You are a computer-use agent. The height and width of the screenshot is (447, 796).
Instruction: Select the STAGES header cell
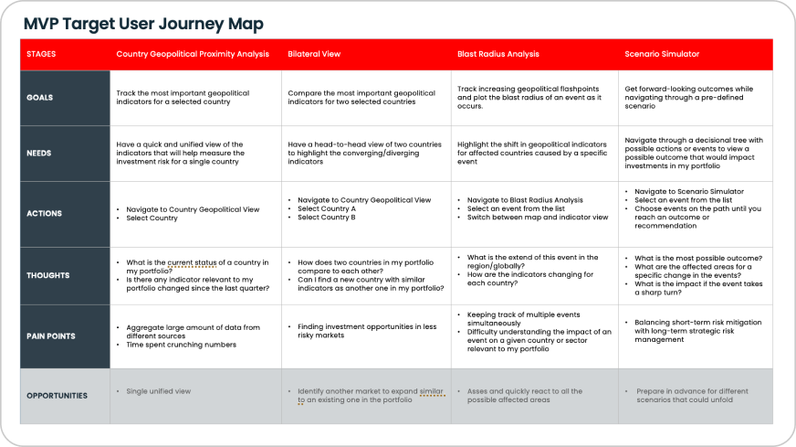tap(41, 54)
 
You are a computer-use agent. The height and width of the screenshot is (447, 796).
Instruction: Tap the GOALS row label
tap(39, 98)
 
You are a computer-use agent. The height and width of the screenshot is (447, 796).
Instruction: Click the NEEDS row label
tap(39, 153)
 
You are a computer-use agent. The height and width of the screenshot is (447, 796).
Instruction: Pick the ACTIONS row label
tap(44, 213)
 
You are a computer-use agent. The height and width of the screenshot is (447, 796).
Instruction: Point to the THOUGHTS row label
tap(47, 274)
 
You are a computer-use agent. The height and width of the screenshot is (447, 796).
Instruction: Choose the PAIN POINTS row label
tap(50, 335)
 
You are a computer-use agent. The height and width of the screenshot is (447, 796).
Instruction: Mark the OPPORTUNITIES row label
tap(58, 395)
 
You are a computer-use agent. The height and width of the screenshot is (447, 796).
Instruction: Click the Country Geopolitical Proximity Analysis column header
tap(193, 54)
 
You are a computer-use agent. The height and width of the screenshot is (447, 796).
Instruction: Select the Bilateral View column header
tap(314, 54)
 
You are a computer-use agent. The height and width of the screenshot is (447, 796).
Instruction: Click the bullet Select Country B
tap(327, 218)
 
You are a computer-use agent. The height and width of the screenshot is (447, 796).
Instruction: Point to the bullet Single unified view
tap(160, 390)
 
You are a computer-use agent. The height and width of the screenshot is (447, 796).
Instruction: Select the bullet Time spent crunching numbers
tap(182, 344)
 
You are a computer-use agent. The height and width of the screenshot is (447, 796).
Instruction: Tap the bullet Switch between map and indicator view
tap(538, 218)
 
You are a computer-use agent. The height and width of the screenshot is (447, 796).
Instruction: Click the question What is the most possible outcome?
tap(694, 258)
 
